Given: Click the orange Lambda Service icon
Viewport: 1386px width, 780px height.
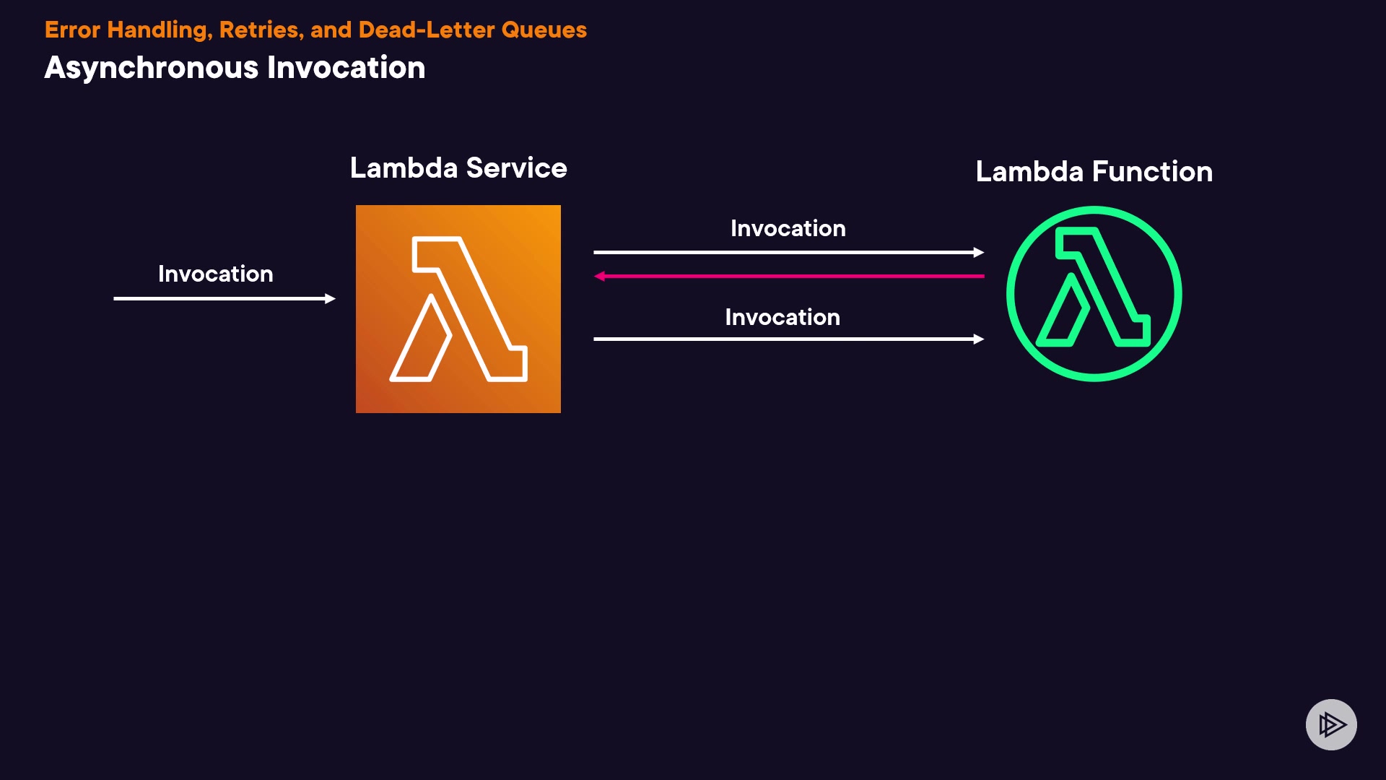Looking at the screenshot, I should pyautogui.click(x=458, y=308).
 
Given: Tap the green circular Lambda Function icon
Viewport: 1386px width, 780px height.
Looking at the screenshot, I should pyautogui.click(x=1094, y=293).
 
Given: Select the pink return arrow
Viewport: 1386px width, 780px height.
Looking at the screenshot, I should pyautogui.click(x=788, y=276).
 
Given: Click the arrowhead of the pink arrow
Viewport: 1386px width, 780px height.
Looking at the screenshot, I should pyautogui.click(x=599, y=276).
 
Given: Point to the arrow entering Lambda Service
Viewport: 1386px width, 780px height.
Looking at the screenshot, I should pyautogui.click(x=224, y=298).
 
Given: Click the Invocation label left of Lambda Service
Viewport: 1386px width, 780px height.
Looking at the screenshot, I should pyautogui.click(x=215, y=274).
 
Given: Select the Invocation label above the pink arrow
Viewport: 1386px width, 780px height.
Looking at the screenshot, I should pyautogui.click(x=788, y=228).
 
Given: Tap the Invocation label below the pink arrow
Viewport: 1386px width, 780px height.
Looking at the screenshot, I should pyautogui.click(x=782, y=317).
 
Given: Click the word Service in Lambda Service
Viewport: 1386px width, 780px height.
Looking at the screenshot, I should pyautogui.click(x=516, y=168).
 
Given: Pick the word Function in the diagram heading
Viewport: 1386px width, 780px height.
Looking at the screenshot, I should pyautogui.click(x=1152, y=172).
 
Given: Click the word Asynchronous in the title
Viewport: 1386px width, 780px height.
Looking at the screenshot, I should pyautogui.click(x=151, y=68).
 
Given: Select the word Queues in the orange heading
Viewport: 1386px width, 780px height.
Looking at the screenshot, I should pyautogui.click(x=544, y=30).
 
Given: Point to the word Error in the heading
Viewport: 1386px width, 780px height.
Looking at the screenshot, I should pyautogui.click(x=72, y=30).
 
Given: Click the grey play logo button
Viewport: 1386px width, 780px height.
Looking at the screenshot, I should pyautogui.click(x=1330, y=724).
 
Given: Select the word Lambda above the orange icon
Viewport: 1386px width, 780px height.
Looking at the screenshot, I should pyautogui.click(x=404, y=168).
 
